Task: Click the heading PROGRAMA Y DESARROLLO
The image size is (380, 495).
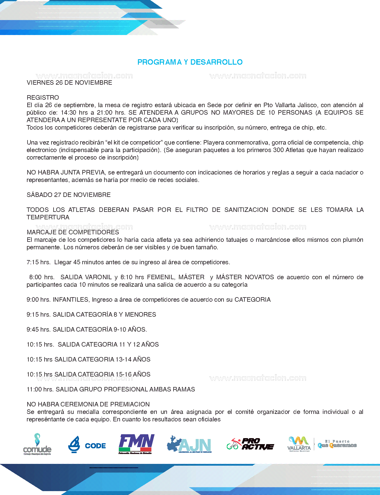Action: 190,62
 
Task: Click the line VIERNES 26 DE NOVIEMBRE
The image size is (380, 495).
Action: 69,83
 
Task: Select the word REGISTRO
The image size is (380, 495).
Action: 43,98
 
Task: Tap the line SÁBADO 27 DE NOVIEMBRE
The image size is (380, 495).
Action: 69,195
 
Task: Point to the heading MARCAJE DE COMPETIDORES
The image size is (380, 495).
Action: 73,232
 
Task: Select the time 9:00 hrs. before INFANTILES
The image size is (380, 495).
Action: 39,300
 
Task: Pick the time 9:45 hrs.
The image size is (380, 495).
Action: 39,330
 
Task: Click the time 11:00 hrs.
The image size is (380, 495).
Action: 40,389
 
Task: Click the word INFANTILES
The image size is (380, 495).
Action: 71,300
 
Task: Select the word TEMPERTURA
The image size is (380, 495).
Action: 48,217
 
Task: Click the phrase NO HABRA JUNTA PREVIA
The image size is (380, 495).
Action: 66,172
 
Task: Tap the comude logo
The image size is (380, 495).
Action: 37,444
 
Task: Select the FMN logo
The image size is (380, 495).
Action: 136,444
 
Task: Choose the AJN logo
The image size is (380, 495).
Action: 189,444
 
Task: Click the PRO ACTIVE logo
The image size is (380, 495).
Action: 250,444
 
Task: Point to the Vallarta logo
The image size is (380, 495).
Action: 299,444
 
